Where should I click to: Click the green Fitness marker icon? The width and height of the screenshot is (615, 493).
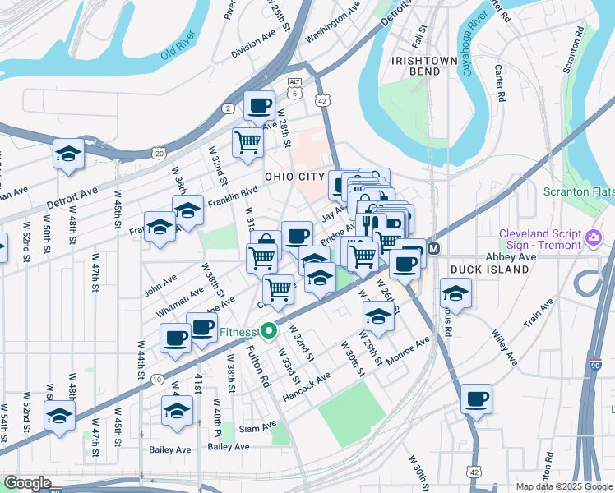268,332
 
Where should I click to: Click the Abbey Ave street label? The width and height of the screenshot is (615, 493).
510,257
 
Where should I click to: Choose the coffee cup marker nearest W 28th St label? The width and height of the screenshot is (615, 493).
260,105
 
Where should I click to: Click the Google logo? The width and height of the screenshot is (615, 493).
27,483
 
